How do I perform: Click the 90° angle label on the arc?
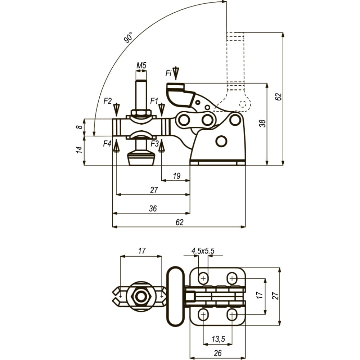pyautogui.click(x=128, y=37)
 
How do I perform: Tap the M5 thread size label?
pyautogui.click(x=141, y=66)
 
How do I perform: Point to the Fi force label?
pyautogui.click(x=168, y=73)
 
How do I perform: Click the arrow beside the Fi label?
pyautogui.click(x=176, y=73)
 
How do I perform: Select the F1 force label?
pyautogui.click(x=154, y=101)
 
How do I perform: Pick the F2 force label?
pyautogui.click(x=107, y=101)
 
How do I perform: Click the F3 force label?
pyautogui.click(x=154, y=144)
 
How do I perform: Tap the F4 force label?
pyautogui.click(x=107, y=144)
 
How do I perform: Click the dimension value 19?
pyautogui.click(x=176, y=176)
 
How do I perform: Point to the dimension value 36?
pyautogui.click(x=153, y=208)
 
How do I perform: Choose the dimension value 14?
pyautogui.click(x=79, y=150)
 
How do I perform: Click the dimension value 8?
pyautogui.click(x=79, y=127)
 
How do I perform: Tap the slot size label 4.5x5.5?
pyautogui.click(x=203, y=251)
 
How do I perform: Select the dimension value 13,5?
pyautogui.click(x=218, y=339)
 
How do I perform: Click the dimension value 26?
pyautogui.click(x=217, y=353)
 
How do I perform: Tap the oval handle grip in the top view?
pyautogui.click(x=175, y=296)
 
